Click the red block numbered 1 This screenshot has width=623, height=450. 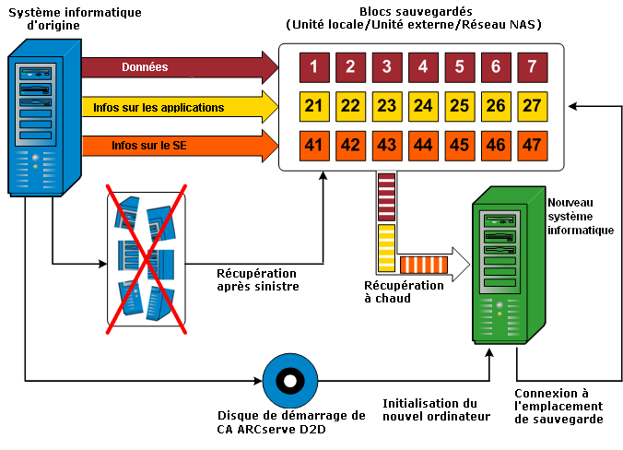click(x=314, y=67)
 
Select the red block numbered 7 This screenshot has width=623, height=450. click(x=531, y=67)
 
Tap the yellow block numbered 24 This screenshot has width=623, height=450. click(x=423, y=106)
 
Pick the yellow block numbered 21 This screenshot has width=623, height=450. click(x=314, y=106)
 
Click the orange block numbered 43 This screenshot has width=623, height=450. click(x=387, y=145)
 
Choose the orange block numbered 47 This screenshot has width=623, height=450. click(x=531, y=145)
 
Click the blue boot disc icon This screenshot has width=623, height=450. click(x=289, y=380)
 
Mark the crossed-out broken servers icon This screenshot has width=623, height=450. click(x=146, y=256)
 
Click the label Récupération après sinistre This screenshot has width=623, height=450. click(x=257, y=279)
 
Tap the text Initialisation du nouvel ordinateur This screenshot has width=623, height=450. click(x=430, y=409)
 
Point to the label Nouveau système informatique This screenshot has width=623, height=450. click(x=580, y=216)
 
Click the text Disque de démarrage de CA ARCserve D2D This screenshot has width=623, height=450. click(x=291, y=421)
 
